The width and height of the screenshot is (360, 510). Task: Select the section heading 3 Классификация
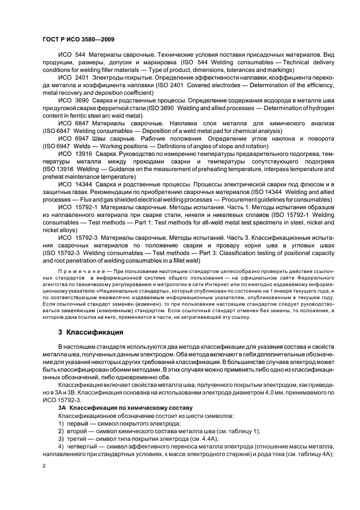click(x=91, y=332)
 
